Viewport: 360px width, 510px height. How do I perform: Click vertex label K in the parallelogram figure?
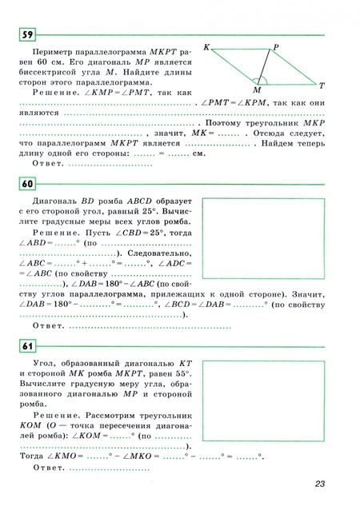tap(206, 48)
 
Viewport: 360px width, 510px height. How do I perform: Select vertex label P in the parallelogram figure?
tap(276, 48)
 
